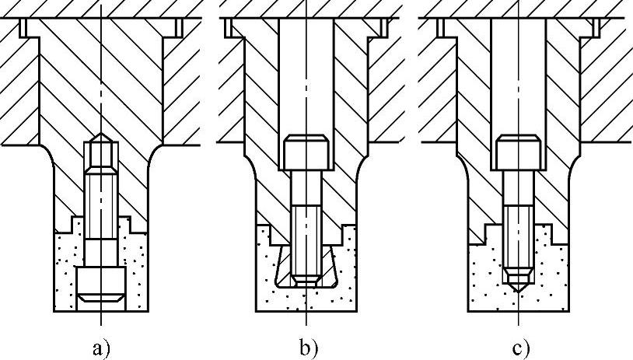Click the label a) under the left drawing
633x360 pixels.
point(101,348)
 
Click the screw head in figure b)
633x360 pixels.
point(309,153)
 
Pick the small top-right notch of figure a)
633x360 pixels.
point(178,27)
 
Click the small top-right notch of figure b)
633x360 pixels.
point(383,27)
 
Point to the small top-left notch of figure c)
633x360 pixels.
point(441,27)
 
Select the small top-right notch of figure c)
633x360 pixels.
point(595,27)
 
